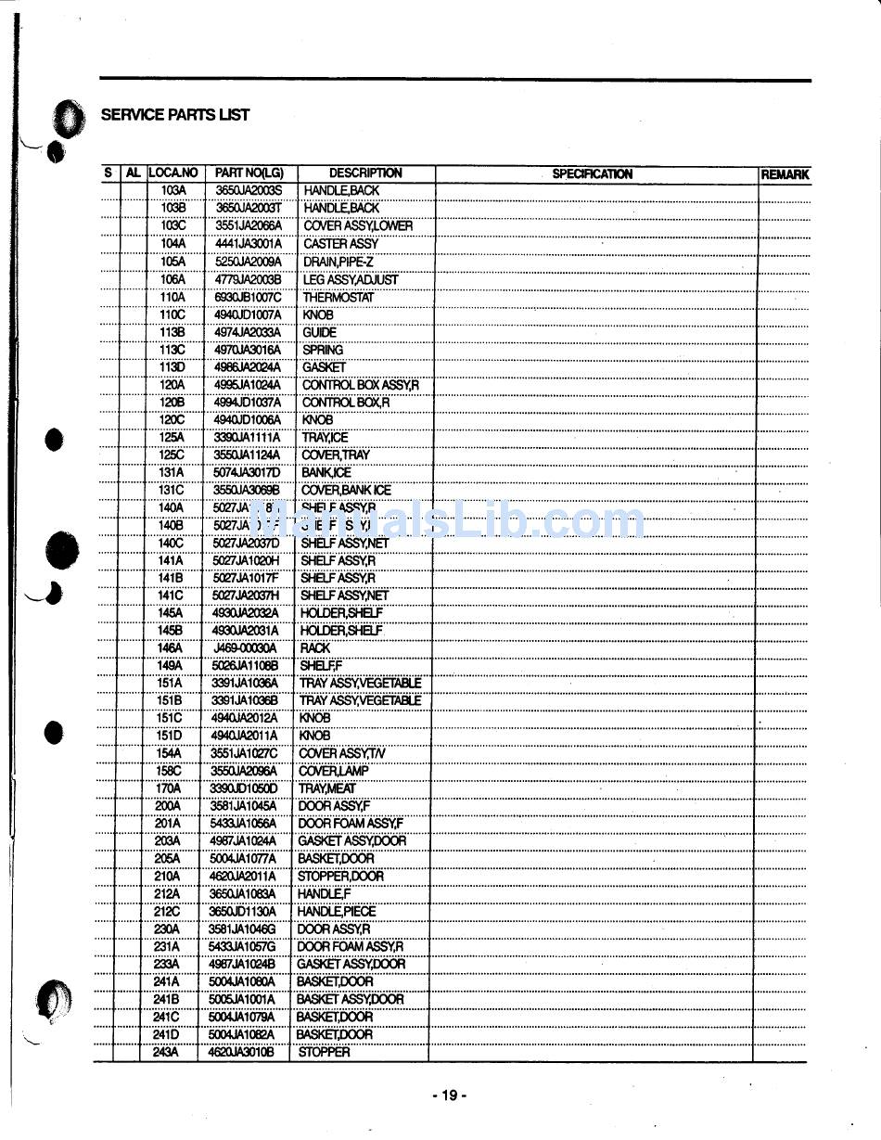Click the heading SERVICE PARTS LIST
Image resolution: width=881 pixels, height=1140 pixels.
pyautogui.click(x=174, y=115)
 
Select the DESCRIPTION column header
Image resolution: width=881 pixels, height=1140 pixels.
pyautogui.click(x=365, y=173)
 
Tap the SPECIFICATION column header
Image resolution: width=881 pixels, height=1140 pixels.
pyautogui.click(x=592, y=173)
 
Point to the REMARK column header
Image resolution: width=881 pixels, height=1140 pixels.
pyautogui.click(x=785, y=174)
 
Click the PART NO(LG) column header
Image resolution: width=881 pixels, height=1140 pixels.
pyautogui.click(x=249, y=173)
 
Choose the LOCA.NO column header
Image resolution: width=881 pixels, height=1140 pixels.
pyautogui.click(x=173, y=173)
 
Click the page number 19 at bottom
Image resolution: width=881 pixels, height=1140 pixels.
pyautogui.click(x=449, y=1095)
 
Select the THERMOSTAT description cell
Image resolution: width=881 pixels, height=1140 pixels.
pyautogui.click(x=338, y=297)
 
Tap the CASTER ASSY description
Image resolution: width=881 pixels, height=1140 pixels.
pyautogui.click(x=340, y=244)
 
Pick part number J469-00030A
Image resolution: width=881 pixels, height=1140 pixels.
pyautogui.click(x=245, y=648)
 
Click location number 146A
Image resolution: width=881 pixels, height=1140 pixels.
pyautogui.click(x=170, y=648)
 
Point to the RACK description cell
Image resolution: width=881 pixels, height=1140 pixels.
pyautogui.click(x=314, y=648)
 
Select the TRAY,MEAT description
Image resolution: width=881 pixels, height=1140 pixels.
pyautogui.click(x=326, y=788)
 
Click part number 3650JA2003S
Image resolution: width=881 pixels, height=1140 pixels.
pyautogui.click(x=249, y=190)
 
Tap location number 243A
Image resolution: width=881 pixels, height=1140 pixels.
pyautogui.click(x=167, y=1052)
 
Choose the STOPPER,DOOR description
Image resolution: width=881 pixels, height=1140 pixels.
pyautogui.click(x=340, y=876)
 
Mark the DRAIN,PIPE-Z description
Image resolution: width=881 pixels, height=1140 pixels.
pyautogui.click(x=338, y=262)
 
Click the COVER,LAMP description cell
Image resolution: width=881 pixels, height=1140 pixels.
pyautogui.click(x=333, y=771)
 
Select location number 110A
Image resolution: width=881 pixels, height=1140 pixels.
pyautogui.click(x=172, y=297)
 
